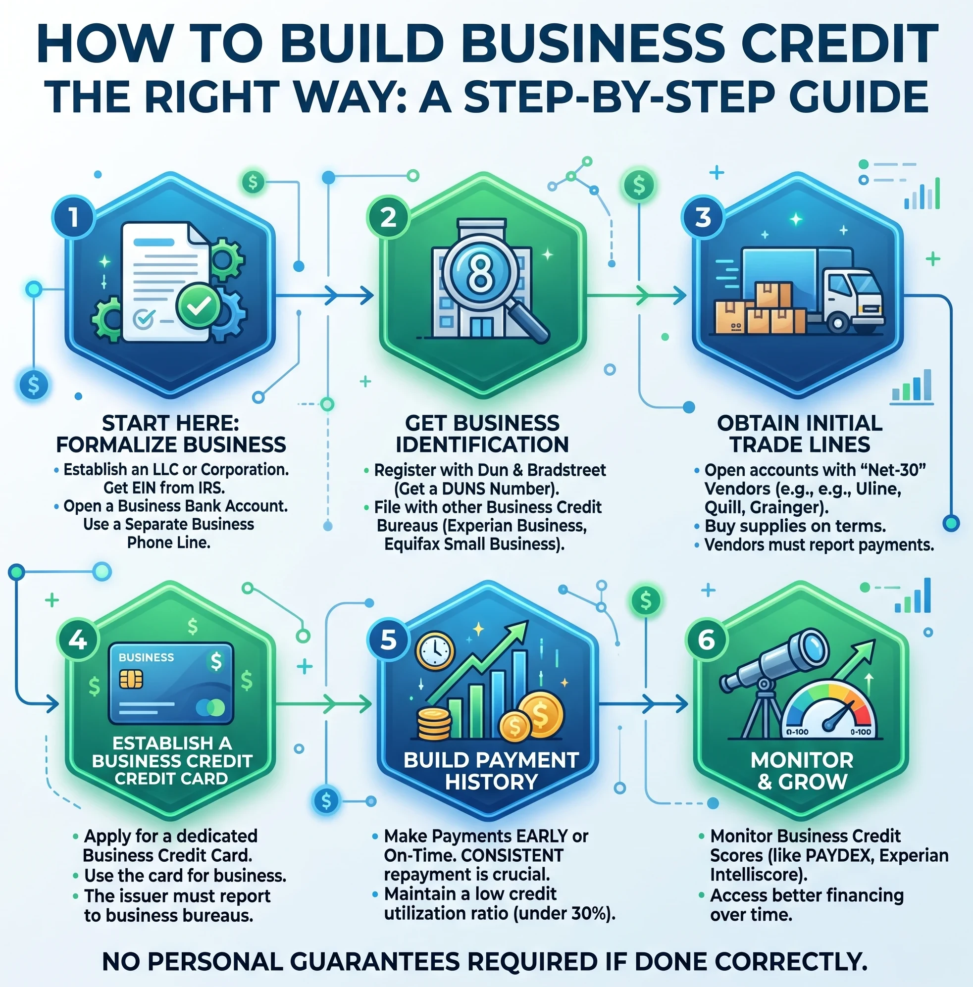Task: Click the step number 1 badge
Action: click(74, 217)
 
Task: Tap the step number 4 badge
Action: click(78, 640)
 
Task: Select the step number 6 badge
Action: click(707, 640)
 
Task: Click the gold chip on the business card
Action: click(131, 679)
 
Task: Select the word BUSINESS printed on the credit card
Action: click(146, 657)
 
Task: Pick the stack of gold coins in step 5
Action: click(434, 724)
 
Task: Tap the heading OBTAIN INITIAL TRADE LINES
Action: click(800, 434)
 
